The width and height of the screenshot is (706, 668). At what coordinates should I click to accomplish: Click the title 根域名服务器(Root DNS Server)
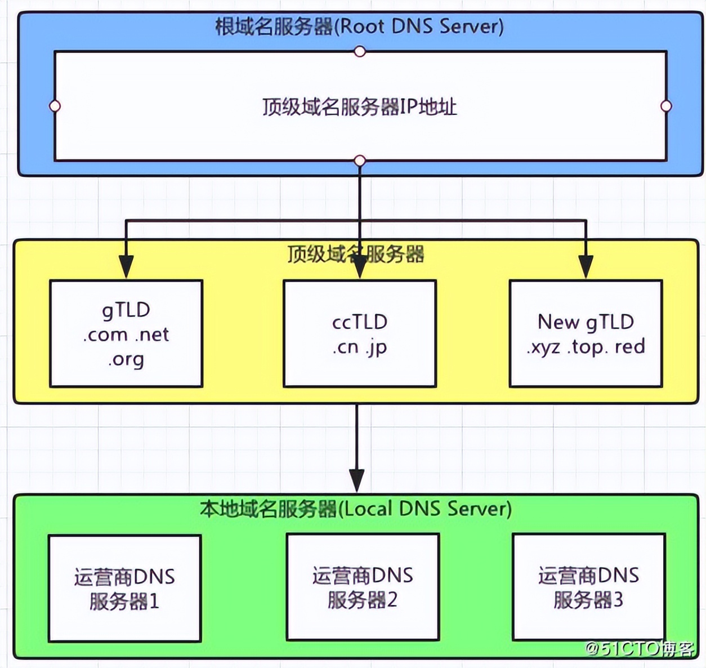(359, 26)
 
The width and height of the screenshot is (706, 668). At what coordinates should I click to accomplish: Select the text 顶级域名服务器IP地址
(359, 106)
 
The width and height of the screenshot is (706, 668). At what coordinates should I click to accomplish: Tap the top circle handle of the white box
(360, 52)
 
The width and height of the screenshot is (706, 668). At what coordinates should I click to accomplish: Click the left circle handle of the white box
(55, 106)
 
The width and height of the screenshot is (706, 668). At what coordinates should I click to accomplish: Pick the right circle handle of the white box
(666, 106)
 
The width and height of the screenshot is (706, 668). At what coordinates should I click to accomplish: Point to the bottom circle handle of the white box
(360, 161)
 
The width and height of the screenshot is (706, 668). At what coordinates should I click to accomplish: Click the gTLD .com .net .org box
(126, 334)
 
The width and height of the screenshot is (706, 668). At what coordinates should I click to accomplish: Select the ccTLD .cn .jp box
(360, 334)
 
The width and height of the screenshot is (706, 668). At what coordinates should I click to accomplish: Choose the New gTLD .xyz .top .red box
(586, 334)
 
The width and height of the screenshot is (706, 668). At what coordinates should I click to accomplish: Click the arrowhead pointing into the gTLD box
(126, 266)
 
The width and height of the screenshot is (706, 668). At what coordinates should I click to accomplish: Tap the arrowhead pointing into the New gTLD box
(586, 266)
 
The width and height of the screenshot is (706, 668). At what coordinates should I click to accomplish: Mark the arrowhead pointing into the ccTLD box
(360, 268)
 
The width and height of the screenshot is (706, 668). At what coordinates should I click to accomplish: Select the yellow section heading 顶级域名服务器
(355, 254)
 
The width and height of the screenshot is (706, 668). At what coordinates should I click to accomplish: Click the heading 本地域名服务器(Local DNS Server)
(356, 509)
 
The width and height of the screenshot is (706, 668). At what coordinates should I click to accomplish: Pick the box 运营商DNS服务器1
(124, 588)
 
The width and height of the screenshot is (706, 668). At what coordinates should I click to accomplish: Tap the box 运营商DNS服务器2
(363, 587)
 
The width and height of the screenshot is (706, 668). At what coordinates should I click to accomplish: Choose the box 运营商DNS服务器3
(588, 587)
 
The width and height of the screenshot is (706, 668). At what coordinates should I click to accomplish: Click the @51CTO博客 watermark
(640, 649)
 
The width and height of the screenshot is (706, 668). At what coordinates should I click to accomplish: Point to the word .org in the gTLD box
(126, 359)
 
